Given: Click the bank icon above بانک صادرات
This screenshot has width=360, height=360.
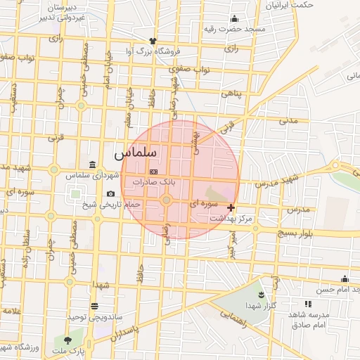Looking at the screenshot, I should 154,172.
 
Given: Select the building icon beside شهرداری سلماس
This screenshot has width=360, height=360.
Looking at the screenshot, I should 93,164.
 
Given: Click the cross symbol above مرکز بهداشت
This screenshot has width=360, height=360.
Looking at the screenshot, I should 231,207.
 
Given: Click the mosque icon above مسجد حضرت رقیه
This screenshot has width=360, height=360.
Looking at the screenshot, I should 234,19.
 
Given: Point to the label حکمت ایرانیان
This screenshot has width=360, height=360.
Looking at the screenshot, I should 290,4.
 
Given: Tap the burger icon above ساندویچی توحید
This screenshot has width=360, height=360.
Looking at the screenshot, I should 94,305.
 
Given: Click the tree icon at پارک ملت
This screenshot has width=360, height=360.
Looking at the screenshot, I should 68,340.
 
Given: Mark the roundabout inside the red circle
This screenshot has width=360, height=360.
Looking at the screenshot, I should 167,201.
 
